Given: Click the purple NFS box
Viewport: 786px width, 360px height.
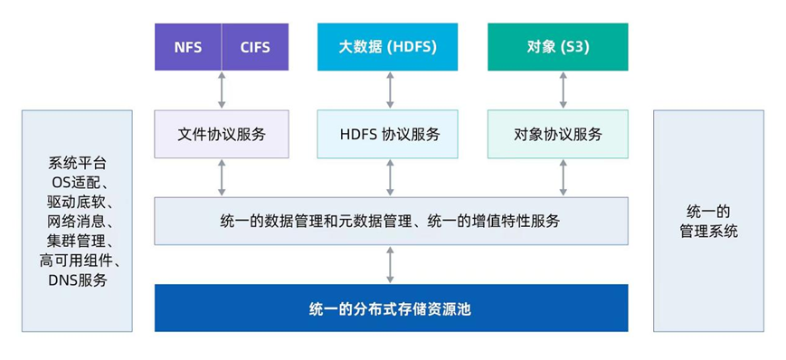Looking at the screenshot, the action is (x=188, y=47).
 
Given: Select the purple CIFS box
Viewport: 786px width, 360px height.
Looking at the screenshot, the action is (x=255, y=47).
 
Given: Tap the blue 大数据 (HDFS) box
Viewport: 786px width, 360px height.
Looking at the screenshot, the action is (x=387, y=47).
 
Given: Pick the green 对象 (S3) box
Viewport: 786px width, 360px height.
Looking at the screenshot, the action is (x=558, y=47).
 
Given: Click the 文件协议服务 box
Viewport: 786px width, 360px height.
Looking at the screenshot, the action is (x=222, y=135).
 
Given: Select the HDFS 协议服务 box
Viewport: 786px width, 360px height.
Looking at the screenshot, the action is (x=387, y=135).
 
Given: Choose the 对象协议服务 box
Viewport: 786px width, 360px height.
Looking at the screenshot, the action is (x=558, y=135).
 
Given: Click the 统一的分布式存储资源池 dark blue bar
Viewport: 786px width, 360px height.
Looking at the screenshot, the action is (x=391, y=308).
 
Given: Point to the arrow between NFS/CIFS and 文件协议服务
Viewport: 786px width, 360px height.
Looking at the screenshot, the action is (x=222, y=90).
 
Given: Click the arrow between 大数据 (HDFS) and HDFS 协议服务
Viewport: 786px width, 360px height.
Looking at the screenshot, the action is (x=390, y=90).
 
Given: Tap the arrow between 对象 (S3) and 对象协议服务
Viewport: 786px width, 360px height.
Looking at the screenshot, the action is (x=563, y=90).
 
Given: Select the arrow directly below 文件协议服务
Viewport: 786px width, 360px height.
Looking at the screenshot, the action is (x=222, y=177).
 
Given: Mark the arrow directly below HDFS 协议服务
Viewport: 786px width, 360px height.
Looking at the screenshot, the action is (x=390, y=177).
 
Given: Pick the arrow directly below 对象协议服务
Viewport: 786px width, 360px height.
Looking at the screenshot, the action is (x=563, y=177).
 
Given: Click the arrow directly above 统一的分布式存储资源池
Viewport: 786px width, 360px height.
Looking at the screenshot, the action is (x=390, y=264).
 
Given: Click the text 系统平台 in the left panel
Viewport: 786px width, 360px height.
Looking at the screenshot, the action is (x=78, y=164).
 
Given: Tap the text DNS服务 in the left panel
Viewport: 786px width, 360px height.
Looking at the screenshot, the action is (x=78, y=280).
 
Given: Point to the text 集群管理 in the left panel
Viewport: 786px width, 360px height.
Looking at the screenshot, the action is (x=74, y=242).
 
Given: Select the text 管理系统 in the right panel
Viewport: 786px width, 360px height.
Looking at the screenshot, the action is (x=709, y=232).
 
